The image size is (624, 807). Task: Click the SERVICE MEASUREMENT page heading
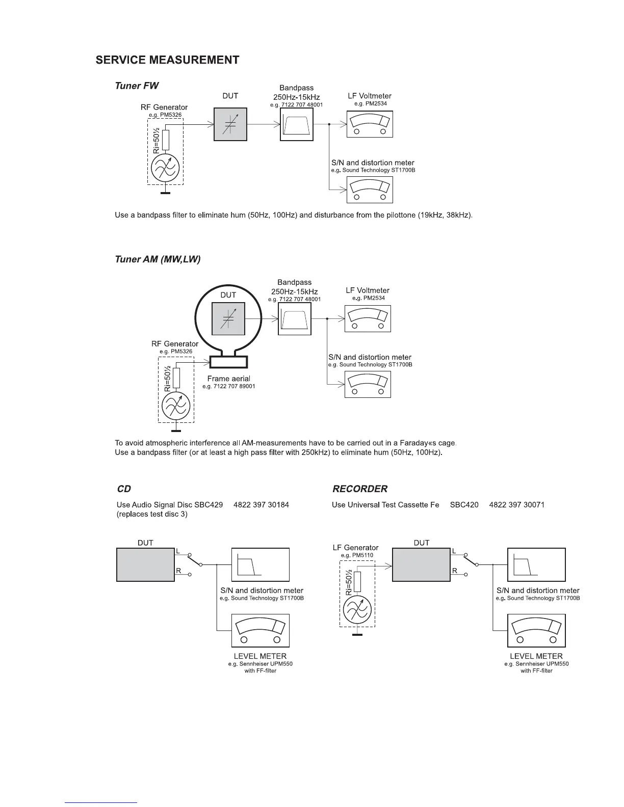coord(167,60)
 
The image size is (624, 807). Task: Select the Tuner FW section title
coord(137,86)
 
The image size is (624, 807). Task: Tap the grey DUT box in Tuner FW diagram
coord(230,124)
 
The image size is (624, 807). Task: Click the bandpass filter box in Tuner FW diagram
coord(297,124)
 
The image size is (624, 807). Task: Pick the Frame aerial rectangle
coord(228,362)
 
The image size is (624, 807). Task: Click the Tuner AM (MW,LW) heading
coord(158,259)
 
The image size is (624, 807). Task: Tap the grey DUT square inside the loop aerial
coord(228,318)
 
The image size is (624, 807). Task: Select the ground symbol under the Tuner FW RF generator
coord(165,193)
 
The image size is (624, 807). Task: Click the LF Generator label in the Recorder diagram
coord(356,548)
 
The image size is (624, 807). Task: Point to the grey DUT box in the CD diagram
coord(146,565)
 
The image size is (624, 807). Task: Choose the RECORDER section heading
coord(360,489)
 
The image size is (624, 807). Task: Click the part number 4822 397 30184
coord(261,505)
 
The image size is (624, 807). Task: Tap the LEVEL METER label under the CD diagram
coord(260,656)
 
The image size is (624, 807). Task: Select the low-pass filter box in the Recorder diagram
coord(536,565)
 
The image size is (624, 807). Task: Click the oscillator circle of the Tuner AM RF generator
coord(175,407)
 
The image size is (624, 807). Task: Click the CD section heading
coord(124,489)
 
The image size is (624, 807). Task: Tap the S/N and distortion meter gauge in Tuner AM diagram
coord(368,385)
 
